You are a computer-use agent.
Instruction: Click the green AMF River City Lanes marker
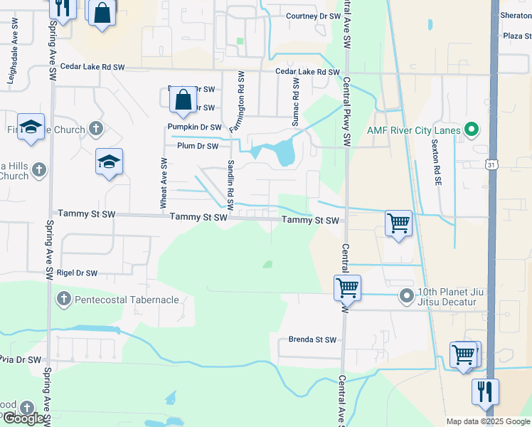coord(470,130)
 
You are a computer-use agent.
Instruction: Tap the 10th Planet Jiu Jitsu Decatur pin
coord(407,295)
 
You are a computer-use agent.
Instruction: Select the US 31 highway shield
coord(491,164)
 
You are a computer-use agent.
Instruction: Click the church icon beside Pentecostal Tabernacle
coord(63,300)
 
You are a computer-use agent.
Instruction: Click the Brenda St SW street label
coord(312,339)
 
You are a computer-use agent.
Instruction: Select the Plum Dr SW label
coord(198,146)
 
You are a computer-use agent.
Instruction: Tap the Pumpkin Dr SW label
coord(194,127)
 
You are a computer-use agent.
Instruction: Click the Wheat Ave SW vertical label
coord(164,184)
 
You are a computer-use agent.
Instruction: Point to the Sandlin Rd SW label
coord(230,184)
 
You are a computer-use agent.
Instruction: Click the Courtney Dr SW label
coord(313,16)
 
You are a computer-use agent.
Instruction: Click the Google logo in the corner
coord(24,418)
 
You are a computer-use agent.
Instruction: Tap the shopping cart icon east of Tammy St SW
coord(398,223)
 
